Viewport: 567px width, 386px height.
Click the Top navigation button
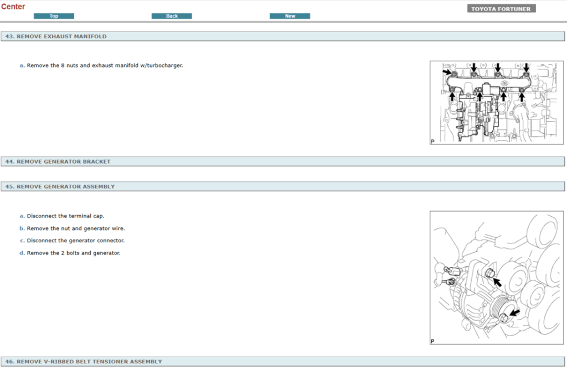coord(54,16)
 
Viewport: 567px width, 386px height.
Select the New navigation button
coord(290,16)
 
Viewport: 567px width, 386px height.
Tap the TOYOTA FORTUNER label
coord(501,9)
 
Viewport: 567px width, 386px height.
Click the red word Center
coord(13,7)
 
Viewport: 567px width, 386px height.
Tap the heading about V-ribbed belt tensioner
coord(89,362)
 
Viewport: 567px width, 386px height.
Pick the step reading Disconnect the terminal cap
coord(65,216)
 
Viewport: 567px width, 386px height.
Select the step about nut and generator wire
coord(76,228)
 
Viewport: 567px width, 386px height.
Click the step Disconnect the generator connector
coord(76,241)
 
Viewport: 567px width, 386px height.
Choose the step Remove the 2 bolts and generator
coord(74,253)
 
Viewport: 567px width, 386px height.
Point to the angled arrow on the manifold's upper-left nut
coord(447,71)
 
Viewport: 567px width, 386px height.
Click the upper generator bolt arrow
coord(498,281)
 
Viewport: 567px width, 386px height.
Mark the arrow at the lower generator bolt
coord(515,314)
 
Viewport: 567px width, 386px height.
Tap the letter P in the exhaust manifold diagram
coord(433,142)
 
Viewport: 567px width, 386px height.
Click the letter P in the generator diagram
coord(433,341)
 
